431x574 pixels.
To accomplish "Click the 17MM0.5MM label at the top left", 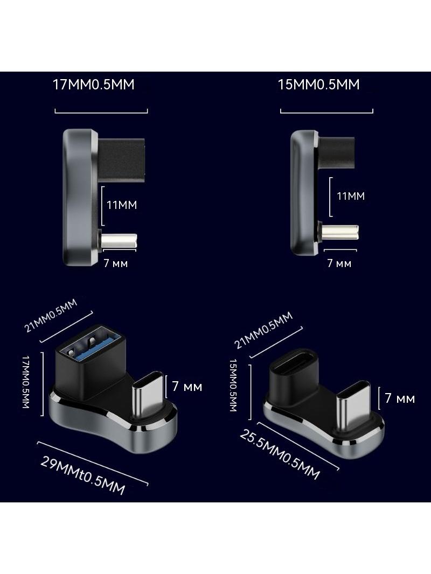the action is point(94,85).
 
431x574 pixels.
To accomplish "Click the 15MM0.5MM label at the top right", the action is point(318,85).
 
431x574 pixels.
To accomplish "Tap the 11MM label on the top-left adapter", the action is point(122,205).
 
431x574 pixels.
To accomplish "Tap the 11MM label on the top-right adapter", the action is point(351,196).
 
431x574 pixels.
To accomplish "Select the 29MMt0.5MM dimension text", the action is point(83,475).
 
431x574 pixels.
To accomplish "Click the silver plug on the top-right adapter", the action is point(340,232).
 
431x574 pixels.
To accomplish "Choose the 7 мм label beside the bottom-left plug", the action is point(187,387).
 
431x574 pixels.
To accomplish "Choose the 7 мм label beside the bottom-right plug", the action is point(400,398).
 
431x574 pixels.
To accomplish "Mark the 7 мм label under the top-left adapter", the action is point(116,263).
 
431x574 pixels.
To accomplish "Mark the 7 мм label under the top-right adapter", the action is point(339,263).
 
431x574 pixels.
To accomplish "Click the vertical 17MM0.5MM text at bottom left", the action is point(26,382).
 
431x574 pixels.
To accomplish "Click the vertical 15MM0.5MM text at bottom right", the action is point(233,385).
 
